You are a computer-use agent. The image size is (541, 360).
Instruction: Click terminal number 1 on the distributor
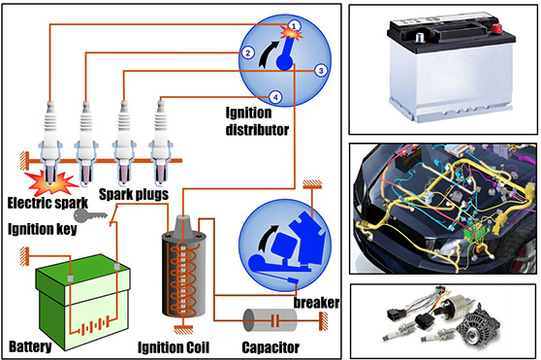(x=294, y=25)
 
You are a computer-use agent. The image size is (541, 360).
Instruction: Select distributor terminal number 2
(x=247, y=52)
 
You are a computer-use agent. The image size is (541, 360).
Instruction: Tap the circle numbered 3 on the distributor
(x=321, y=71)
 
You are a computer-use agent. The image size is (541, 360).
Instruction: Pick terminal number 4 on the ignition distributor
(x=275, y=97)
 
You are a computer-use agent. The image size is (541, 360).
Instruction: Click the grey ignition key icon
(x=90, y=215)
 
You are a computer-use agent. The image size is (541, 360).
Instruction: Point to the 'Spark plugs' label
(x=134, y=194)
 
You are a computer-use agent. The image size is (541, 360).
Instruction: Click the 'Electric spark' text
(x=48, y=203)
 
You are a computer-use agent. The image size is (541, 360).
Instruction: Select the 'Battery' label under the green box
(x=30, y=346)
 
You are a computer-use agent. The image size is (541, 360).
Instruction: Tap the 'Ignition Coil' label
(x=174, y=347)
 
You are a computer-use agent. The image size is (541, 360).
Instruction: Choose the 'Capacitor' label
(x=270, y=347)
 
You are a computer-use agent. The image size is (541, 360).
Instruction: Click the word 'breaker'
(x=316, y=303)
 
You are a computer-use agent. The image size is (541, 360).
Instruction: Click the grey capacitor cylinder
(x=270, y=320)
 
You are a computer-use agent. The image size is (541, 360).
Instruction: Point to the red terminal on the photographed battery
(x=496, y=28)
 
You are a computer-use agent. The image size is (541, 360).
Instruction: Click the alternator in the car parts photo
(x=477, y=324)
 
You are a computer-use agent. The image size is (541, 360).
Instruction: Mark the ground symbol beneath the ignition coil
(x=183, y=330)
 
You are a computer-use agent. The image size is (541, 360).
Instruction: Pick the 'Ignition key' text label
(x=43, y=229)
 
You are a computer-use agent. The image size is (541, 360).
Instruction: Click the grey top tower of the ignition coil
(x=183, y=228)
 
